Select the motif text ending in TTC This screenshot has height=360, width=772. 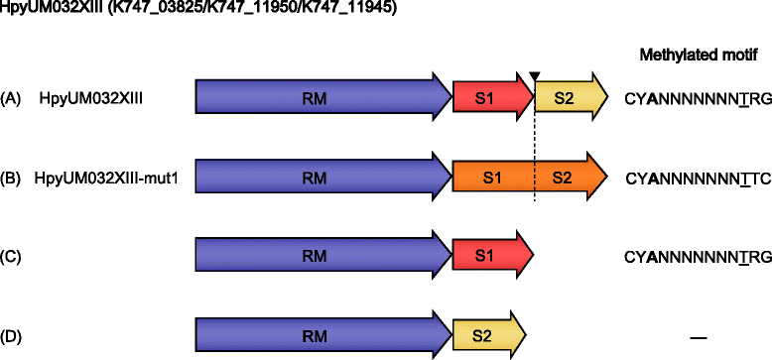tap(697, 180)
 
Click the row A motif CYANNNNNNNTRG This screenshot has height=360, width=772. tap(697, 98)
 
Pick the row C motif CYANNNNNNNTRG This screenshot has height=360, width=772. tap(697, 258)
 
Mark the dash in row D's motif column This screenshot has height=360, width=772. tap(697, 336)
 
